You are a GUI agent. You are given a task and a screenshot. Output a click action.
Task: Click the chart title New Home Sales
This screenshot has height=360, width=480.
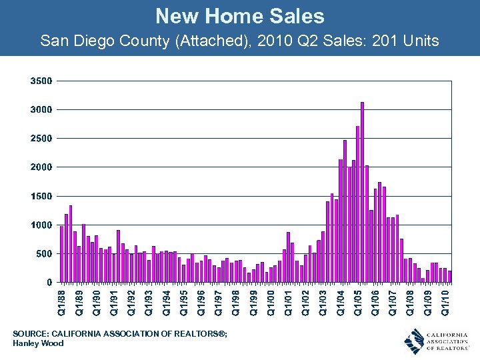pyautogui.click(x=240, y=16)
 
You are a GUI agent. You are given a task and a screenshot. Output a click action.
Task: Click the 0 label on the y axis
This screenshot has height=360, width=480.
pyautogui.click(x=49, y=283)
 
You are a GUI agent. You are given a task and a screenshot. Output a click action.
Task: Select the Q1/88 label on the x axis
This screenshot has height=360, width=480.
pyautogui.click(x=62, y=301)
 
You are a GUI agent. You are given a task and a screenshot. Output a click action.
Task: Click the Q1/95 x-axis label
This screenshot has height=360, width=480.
pyautogui.click(x=184, y=301)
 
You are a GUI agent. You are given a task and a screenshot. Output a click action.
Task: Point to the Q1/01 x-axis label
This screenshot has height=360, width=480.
pyautogui.click(x=289, y=301)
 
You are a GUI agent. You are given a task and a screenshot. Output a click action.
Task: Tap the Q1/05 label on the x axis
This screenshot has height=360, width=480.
pyautogui.click(x=358, y=301)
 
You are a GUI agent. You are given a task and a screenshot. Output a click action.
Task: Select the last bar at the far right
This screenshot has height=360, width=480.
pyautogui.click(x=449, y=276)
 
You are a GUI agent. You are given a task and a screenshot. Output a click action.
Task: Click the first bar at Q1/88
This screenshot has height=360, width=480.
pyautogui.click(x=62, y=254)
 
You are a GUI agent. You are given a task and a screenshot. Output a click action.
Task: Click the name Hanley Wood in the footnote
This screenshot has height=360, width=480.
pyautogui.click(x=38, y=343)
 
